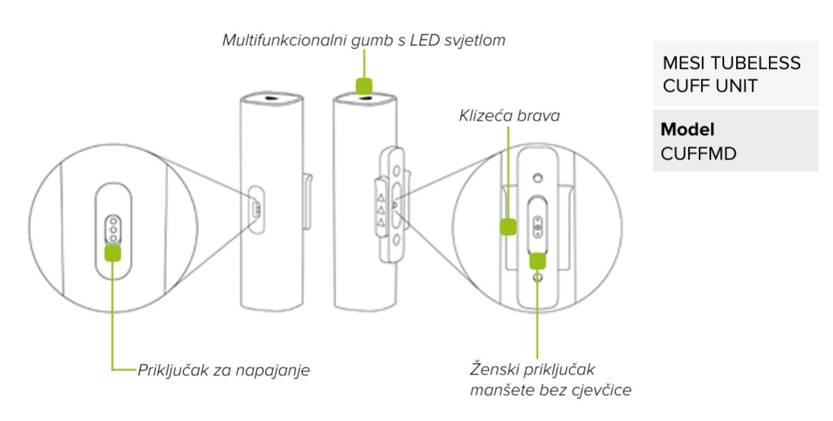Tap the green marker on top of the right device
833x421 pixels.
coord(365,84)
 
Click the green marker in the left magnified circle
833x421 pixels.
coord(113,252)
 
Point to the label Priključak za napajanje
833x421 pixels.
coord(224,371)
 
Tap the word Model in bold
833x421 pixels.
coord(687,130)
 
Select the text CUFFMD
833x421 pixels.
coord(698,153)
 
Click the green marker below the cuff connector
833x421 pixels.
coord(539,260)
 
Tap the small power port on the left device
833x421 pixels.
coord(257,208)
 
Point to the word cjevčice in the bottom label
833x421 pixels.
coord(606,391)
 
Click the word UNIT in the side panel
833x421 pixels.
coord(732,85)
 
